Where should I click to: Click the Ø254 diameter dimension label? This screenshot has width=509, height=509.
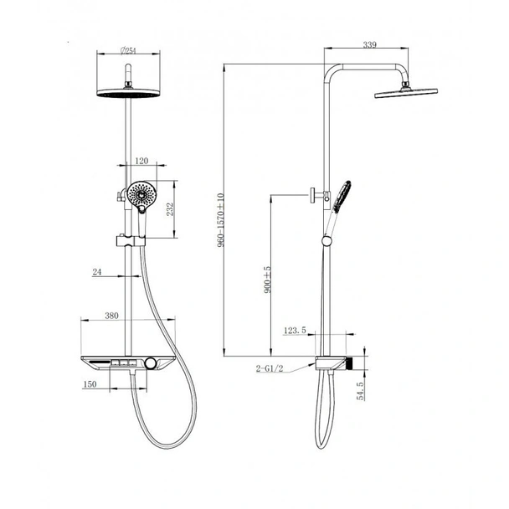click(128, 50)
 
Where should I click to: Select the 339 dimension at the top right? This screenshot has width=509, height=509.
click(369, 44)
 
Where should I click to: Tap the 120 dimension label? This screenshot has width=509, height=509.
click(141, 161)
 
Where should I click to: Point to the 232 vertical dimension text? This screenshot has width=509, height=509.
click(170, 209)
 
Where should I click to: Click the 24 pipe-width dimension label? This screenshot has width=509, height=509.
click(97, 272)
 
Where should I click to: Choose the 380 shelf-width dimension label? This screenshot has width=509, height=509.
click(111, 316)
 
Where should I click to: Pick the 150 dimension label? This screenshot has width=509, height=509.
click(90, 384)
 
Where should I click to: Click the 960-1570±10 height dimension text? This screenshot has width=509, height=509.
click(221, 220)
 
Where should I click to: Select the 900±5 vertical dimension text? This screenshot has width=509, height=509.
click(268, 280)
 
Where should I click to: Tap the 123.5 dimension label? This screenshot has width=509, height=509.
click(295, 331)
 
